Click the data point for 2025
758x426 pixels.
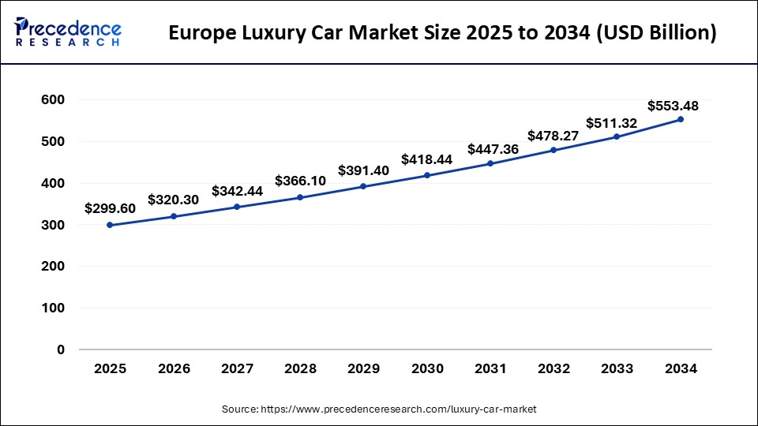110,225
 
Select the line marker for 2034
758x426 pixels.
681,119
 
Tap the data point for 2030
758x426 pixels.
427,175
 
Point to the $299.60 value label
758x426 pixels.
110,208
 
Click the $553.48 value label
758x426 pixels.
673,106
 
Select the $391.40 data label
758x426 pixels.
363,170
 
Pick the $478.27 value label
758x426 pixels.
553,135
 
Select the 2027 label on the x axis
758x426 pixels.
236,368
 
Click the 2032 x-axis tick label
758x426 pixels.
553,368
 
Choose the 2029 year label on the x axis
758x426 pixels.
363,368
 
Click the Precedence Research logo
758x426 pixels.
67,32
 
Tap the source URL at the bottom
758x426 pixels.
379,409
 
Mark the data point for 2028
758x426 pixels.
300,197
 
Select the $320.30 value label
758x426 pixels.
173,200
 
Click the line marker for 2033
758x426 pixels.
617,136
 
